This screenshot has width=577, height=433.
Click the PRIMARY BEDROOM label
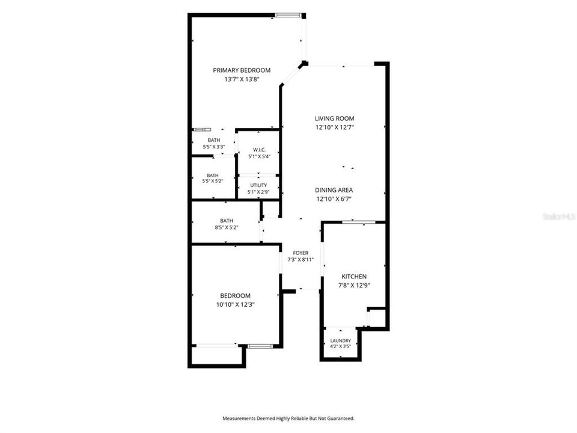[242, 70]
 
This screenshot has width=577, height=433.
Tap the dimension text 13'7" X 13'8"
[242, 79]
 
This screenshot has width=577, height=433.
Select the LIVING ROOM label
[335, 118]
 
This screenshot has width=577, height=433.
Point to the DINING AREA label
[334, 190]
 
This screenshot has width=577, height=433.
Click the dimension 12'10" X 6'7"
[334, 199]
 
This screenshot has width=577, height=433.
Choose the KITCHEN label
[354, 276]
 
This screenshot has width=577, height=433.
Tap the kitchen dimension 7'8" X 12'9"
[354, 285]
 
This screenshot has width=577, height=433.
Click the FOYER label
[301, 253]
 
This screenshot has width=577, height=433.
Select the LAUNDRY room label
[340, 340]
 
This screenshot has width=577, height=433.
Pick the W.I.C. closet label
[259, 150]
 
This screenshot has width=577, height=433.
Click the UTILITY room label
[258, 185]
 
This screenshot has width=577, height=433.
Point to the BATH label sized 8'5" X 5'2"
[227, 221]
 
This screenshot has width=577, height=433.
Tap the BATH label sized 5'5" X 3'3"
[214, 140]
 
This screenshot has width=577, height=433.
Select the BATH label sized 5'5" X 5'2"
[213, 175]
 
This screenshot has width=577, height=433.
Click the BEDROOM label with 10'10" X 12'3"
[235, 295]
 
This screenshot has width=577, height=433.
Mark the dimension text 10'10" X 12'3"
[236, 304]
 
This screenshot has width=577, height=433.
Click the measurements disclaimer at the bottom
[288, 419]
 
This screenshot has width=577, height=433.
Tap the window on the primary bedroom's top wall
[288, 15]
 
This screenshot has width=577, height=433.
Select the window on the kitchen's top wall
[358, 222]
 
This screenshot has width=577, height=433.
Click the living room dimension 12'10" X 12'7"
[335, 127]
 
